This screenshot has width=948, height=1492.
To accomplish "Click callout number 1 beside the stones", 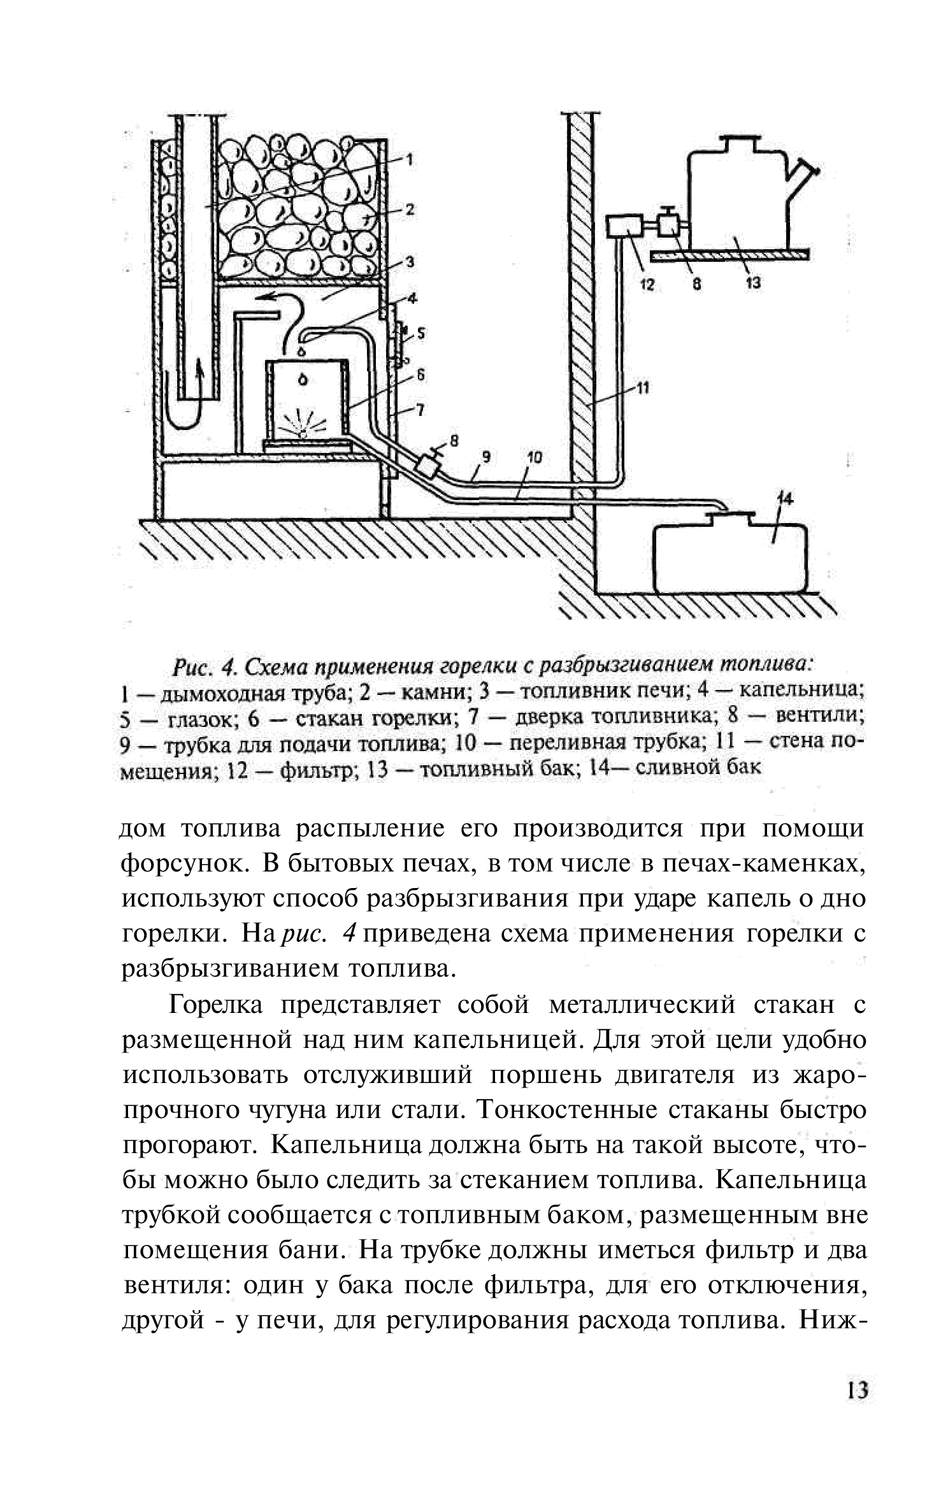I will coord(410,159).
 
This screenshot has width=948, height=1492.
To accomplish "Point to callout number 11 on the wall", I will coord(642,387).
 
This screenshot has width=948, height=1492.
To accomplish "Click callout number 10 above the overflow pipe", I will coord(533,457).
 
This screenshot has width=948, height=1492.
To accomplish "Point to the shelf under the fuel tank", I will coord(729,255).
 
